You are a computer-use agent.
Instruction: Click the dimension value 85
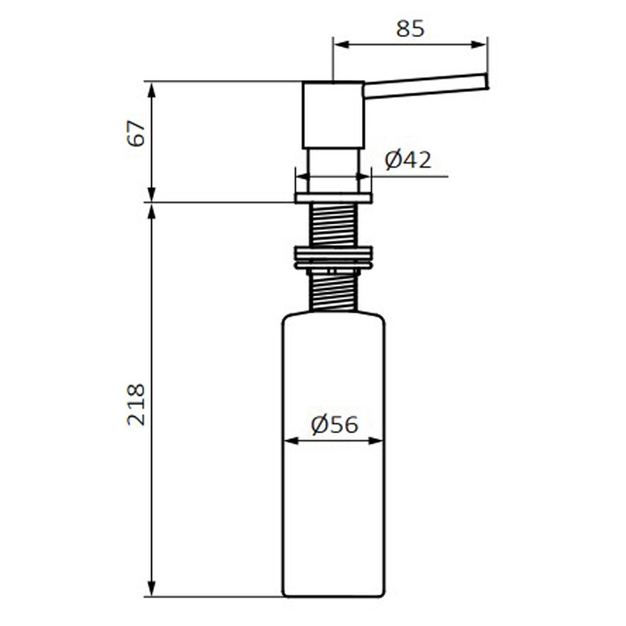click(410, 29)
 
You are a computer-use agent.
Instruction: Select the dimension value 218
click(136, 404)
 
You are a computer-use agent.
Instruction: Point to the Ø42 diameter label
click(408, 160)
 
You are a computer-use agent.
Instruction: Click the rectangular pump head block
click(333, 115)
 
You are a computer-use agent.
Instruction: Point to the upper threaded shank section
click(333, 224)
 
